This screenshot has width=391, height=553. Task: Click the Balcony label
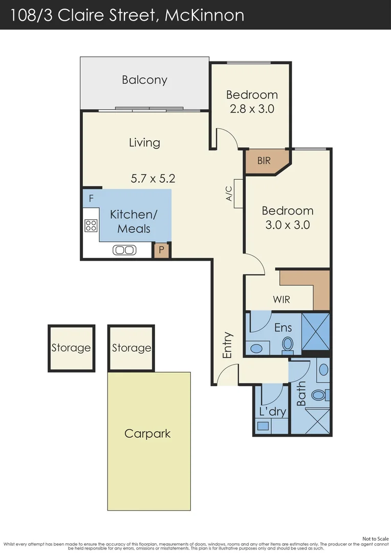point(144,80)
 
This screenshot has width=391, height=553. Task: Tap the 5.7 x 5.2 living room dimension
point(153,179)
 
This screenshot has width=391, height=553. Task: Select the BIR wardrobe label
point(264,161)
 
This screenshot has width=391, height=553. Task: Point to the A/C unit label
point(229,194)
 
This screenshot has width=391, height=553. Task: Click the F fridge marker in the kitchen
point(91,199)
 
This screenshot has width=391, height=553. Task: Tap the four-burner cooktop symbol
point(91,225)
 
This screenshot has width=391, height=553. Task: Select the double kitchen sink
point(125,250)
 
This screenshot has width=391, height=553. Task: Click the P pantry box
point(162,250)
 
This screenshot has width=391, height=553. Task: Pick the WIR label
point(281,300)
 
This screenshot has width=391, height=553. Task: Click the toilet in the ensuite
point(288,345)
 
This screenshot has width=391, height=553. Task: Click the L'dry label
point(273,411)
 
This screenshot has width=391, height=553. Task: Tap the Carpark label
point(147,434)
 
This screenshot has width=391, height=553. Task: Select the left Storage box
point(71,348)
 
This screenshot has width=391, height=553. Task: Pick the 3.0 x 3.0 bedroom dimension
point(288,224)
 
